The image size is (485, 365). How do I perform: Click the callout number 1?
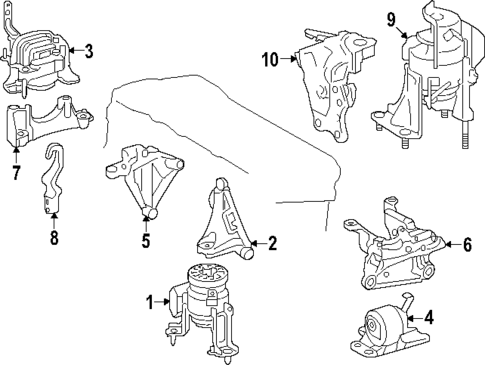click(x=151, y=302)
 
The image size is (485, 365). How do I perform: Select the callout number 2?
click(x=272, y=242)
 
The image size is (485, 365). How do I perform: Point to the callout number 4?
click(x=429, y=319)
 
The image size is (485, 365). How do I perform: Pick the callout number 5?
click(x=146, y=240)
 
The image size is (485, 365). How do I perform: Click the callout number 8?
click(x=54, y=238)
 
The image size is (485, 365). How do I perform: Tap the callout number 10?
click(x=270, y=60)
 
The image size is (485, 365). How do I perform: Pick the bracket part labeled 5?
click(x=142, y=180)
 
